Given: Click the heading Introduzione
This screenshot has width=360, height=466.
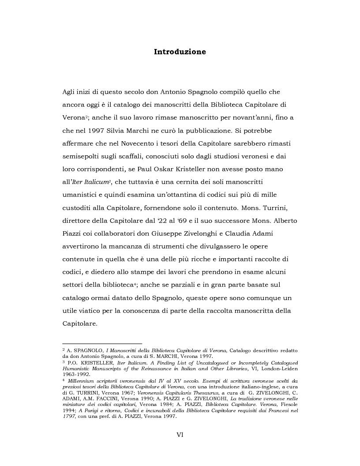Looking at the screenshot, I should coord(180,52).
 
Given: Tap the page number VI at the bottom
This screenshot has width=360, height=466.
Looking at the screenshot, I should coord(180,435).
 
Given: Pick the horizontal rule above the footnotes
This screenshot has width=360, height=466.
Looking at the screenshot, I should coord(102,343).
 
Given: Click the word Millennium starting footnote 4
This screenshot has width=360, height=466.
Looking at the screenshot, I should coord(82,381).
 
